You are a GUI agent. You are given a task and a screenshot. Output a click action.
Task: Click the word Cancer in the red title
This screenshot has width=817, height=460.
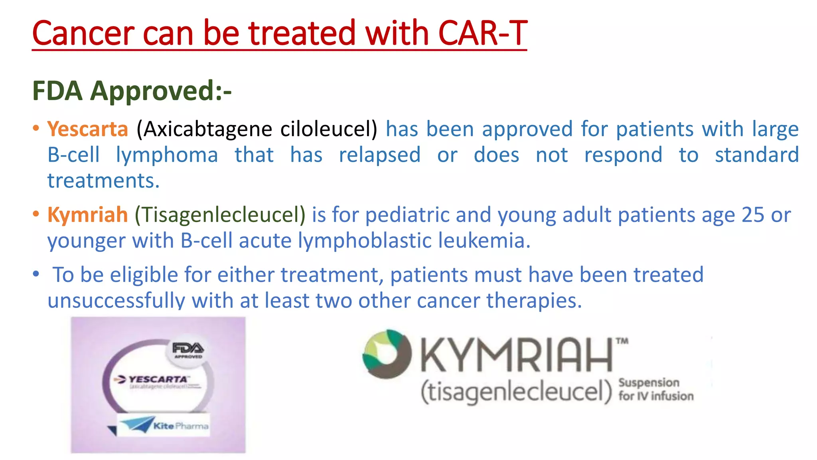83,34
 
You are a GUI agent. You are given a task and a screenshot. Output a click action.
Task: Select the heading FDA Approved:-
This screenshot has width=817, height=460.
132,91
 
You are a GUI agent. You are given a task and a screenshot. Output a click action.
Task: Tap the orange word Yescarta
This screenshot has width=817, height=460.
87,129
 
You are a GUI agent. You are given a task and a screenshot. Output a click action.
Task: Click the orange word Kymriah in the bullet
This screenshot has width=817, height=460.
87,215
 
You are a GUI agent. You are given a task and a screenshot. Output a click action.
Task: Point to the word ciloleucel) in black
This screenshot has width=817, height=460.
328,129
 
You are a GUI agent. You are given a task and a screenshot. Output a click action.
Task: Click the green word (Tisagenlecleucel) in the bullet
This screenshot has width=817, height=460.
220,215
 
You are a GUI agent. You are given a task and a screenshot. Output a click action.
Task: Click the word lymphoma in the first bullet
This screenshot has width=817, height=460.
167,155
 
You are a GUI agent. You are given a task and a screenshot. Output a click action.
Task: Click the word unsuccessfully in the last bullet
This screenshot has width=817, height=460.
116,301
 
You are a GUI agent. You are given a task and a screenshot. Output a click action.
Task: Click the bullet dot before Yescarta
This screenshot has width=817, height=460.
36,129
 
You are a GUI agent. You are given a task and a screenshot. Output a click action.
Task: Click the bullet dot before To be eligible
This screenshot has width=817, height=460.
36,274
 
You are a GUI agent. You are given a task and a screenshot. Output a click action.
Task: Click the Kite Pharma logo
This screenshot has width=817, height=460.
164,425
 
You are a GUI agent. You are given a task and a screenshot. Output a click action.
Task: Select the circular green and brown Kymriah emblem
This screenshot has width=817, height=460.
387,354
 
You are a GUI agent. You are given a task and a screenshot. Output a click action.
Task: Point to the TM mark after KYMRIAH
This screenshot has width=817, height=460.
622,341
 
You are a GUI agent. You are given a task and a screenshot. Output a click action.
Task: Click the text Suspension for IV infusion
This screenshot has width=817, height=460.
655,389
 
